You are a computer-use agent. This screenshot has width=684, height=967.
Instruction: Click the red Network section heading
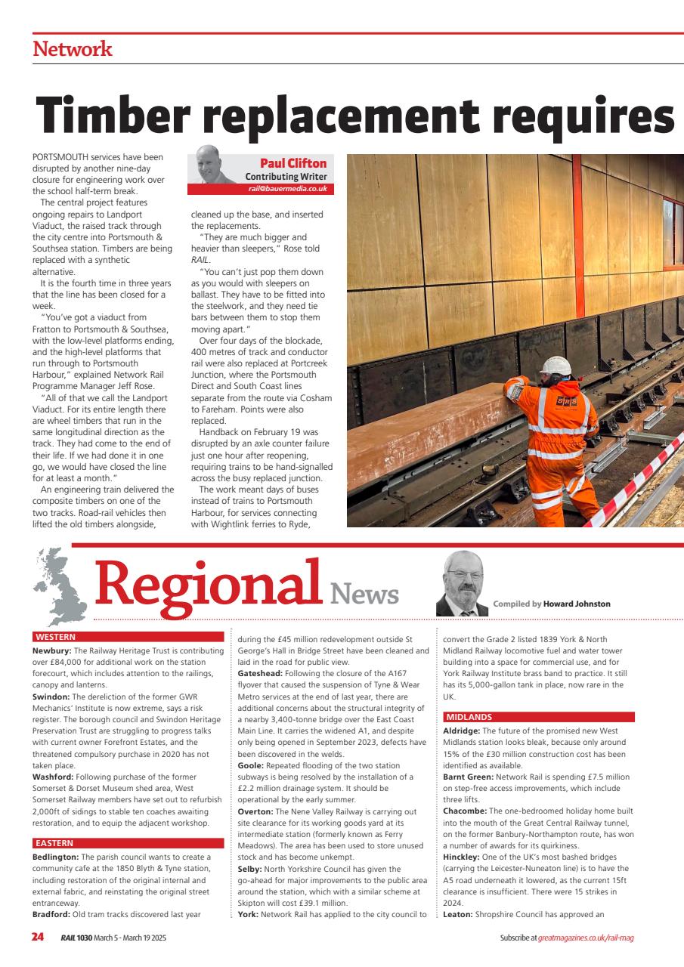73,50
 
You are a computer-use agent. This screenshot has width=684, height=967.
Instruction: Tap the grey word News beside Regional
364,594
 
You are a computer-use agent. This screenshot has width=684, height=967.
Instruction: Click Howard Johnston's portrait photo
462,584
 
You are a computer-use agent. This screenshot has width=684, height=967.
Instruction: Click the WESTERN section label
55,637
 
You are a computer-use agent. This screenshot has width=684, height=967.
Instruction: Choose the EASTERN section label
54,843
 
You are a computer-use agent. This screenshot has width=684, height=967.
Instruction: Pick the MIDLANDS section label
469,717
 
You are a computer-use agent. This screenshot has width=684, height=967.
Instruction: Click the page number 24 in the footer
38,938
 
